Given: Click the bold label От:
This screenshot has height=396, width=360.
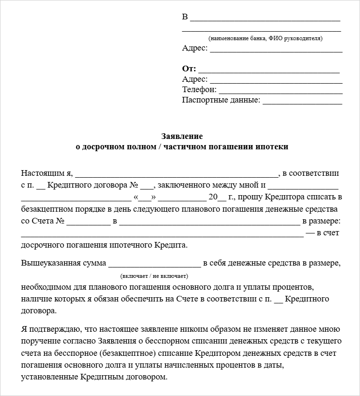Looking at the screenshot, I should [x=189, y=69].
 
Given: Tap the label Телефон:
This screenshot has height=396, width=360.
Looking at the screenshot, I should [x=199, y=90].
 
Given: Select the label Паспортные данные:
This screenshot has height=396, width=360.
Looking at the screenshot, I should [x=221, y=100].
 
